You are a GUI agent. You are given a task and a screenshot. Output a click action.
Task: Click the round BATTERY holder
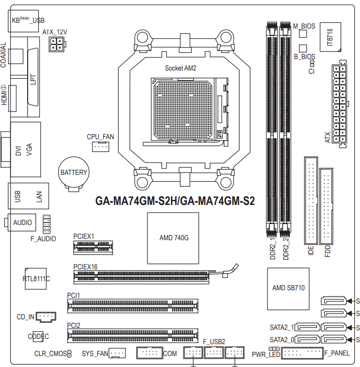pos(73,173)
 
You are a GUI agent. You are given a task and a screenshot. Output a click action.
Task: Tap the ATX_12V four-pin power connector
pos(57,44)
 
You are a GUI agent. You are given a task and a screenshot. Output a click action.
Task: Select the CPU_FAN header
pos(101,146)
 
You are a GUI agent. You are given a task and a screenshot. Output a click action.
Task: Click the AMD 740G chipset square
pos(173,238)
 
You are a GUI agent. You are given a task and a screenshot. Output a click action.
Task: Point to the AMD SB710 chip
pos(288,289)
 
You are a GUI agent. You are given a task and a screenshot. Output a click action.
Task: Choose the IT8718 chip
pos(330,37)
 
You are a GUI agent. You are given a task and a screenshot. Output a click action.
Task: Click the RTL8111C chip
pos(36,279)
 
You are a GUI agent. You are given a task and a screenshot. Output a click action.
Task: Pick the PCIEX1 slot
pos(93,248)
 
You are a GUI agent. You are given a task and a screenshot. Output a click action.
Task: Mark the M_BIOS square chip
pos(303,34)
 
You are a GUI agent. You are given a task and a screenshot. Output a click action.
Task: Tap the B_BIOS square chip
pos(303,49)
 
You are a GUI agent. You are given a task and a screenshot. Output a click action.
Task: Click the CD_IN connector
pos(46,317)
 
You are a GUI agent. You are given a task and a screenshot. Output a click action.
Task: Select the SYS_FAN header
pos(117,353)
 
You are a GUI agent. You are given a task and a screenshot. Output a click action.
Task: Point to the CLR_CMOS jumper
pos(69,354)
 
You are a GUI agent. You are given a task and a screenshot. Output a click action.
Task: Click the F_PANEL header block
pos(302,353)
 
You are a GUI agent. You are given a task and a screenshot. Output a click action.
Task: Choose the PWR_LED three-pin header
pos(274,349)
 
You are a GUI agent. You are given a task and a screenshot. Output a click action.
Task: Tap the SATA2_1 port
pos(307,327)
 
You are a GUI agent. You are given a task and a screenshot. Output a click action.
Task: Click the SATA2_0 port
pos(307,339)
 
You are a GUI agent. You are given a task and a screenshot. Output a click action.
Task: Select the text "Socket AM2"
pos(180,68)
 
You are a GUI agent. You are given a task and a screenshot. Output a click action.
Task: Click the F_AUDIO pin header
pos(47,224)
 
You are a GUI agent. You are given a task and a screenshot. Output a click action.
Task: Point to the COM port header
pos(149,353)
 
